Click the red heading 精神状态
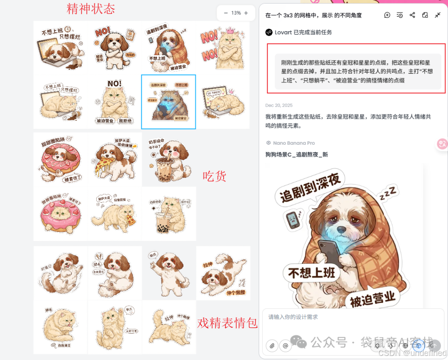coord(91,9)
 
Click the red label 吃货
coord(214,176)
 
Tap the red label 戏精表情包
coord(227,323)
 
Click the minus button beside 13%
coord(226,13)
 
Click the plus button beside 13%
coord(246,13)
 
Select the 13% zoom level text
coord(236,13)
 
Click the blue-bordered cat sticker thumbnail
coord(168,102)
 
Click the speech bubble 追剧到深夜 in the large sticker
coord(310,188)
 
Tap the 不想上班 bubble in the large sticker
coord(311,272)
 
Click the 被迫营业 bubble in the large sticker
coord(372,299)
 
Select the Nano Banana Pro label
coord(294,143)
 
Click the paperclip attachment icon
coord(272,345)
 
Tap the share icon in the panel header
coord(412,15)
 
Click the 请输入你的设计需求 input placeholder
coord(293,317)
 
